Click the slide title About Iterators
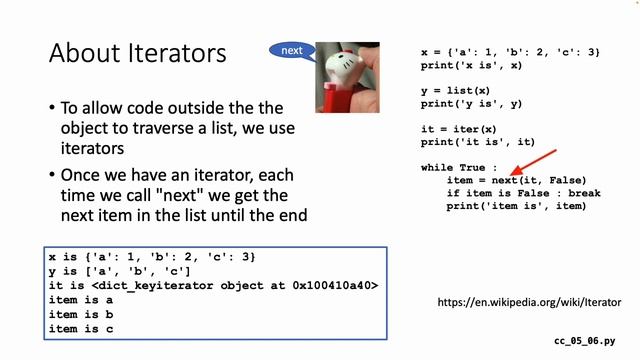tap(138, 53)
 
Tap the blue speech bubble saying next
tap(291, 50)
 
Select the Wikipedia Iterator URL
tap(530, 301)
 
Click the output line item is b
tap(81, 314)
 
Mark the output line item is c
tap(81, 328)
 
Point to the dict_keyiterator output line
tap(213, 286)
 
